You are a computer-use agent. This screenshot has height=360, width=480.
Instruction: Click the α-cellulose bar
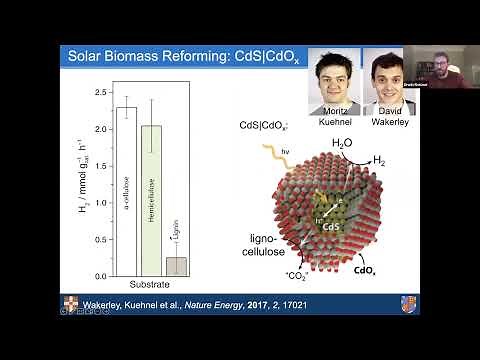point(127,190)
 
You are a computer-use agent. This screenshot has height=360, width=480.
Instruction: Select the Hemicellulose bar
point(151,200)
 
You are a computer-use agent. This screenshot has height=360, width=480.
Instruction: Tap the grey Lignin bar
point(176,266)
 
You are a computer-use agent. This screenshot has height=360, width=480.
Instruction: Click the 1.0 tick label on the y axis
point(99,202)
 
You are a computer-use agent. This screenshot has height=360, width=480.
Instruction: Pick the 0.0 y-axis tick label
point(99,275)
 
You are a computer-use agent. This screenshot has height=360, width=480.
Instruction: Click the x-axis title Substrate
point(151,287)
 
